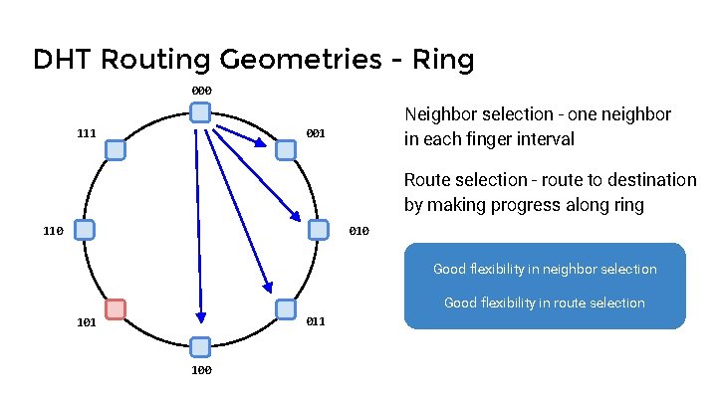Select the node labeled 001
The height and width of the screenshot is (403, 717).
(286, 150)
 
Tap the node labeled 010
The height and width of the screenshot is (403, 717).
(318, 230)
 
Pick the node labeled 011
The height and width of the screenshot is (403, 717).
(285, 309)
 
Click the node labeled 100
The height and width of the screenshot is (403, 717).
(200, 346)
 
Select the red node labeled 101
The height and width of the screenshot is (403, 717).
(116, 309)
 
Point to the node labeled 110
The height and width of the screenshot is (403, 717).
(85, 230)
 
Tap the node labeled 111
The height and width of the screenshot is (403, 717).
(116, 150)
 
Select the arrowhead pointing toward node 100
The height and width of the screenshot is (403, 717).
(200, 317)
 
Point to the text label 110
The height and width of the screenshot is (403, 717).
(54, 231)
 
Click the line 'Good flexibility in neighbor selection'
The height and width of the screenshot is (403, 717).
(545, 269)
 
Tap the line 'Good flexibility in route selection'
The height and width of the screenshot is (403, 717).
(545, 302)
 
